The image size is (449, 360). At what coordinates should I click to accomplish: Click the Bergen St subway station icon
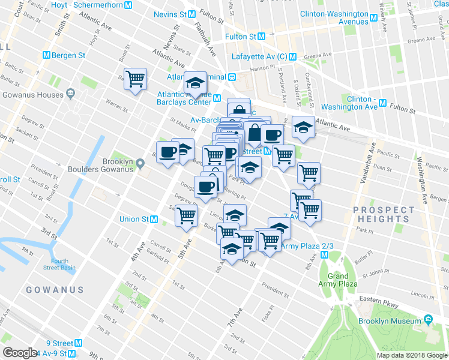[x=46, y=55]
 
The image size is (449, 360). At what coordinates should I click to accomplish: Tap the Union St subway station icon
[x=154, y=219]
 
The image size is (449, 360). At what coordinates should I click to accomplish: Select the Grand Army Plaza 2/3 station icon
[x=324, y=255]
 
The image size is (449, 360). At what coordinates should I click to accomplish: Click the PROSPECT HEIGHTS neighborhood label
[x=384, y=214]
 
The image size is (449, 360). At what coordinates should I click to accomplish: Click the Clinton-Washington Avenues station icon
[x=373, y=17]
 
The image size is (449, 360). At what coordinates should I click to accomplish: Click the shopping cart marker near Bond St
[x=136, y=78]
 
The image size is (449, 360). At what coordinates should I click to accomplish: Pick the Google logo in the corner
[x=20, y=353]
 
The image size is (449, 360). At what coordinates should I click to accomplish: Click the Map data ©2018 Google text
[x=411, y=355]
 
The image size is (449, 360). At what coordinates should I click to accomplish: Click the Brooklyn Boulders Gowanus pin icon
[x=140, y=163]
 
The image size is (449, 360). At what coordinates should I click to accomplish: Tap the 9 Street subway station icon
[x=79, y=343]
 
